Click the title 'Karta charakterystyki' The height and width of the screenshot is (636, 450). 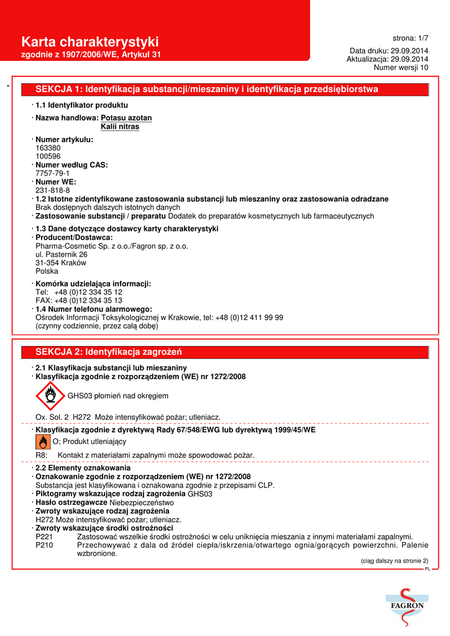point(90,42)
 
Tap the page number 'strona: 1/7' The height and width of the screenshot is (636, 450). point(410,38)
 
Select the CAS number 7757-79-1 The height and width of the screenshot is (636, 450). point(52,173)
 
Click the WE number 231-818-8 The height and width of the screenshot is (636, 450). point(52,191)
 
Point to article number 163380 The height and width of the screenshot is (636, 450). point(48,148)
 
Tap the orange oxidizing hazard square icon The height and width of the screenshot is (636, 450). point(43,442)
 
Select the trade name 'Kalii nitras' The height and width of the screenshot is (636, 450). point(120,127)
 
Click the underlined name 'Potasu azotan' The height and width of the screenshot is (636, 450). point(126,117)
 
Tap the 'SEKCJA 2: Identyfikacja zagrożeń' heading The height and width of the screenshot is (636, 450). point(108,352)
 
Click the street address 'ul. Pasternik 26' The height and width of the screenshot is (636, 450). point(62,255)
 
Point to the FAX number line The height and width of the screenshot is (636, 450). point(78,301)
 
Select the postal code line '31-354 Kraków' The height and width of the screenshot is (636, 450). point(61,263)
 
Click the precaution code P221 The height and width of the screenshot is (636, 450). point(44,537)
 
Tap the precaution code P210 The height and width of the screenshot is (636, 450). point(44,545)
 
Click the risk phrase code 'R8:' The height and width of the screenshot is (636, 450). point(42,455)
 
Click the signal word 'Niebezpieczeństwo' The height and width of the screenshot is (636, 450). point(142,502)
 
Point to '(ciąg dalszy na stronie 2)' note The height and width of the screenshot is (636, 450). point(394,561)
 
